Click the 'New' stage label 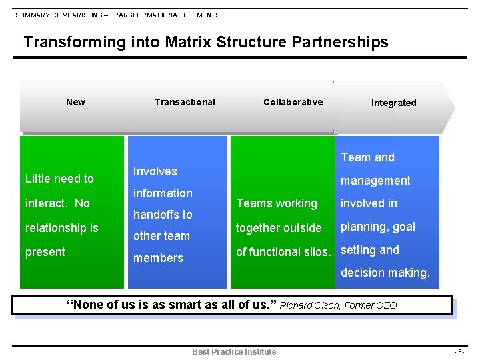tap(75, 102)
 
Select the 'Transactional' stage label tap(185, 102)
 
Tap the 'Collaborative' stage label tap(293, 102)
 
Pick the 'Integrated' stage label tap(393, 103)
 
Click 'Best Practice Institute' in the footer tap(234, 351)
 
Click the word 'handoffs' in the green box tap(163, 215)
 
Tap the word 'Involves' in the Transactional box tap(155, 171)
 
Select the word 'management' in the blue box tap(376, 181)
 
